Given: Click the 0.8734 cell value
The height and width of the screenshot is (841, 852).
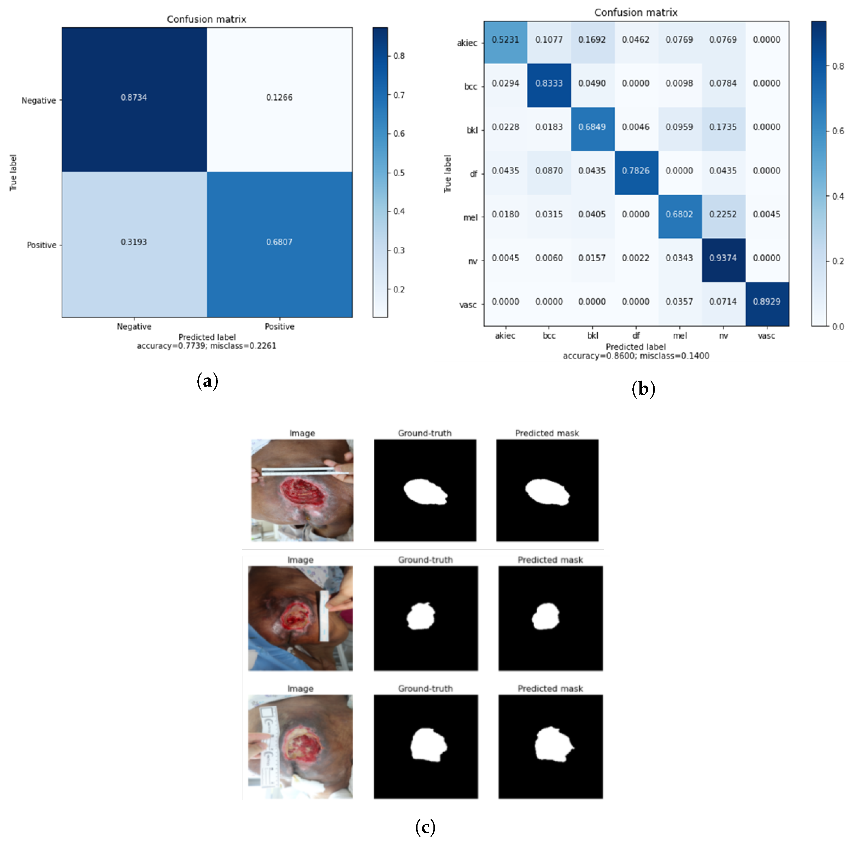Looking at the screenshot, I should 134,97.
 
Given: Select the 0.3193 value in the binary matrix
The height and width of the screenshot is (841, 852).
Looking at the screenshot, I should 134,242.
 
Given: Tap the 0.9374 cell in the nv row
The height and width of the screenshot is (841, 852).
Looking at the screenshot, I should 723,258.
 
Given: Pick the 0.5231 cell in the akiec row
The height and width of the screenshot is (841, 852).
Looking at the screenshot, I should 506,40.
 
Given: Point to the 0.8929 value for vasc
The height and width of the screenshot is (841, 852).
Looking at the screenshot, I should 766,302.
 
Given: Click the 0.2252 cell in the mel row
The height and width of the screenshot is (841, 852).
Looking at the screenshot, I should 723,214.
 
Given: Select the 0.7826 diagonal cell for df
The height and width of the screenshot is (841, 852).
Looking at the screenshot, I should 636,171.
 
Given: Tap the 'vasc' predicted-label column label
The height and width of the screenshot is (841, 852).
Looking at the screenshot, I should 766,336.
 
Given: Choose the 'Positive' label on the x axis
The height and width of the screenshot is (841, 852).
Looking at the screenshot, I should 279,326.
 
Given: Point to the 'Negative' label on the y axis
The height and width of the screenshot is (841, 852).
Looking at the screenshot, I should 39,100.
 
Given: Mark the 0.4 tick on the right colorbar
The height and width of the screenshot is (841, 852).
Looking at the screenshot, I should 838,196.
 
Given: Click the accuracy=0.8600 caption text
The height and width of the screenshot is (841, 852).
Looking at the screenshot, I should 636,356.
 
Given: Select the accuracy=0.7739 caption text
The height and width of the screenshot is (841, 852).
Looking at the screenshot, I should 206,346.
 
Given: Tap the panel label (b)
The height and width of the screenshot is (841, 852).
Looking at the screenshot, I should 643,389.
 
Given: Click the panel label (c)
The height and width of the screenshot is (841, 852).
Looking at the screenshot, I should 425,827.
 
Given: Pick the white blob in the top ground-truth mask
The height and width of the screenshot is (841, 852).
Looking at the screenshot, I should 425,492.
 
